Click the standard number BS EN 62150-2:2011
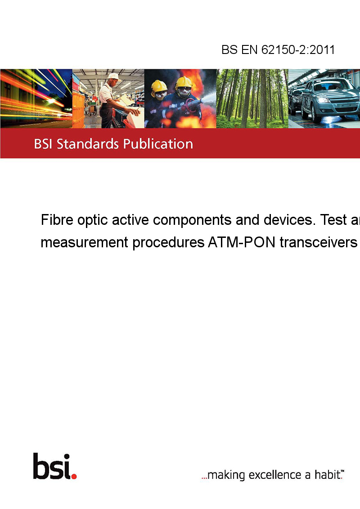(x=278, y=49)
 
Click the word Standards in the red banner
(x=88, y=144)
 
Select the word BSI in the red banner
(x=43, y=144)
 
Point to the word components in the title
(x=192, y=220)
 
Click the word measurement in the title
(x=85, y=242)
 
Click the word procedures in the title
(x=168, y=243)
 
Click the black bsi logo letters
(x=52, y=466)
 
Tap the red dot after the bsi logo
(x=74, y=476)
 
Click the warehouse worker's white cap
(x=113, y=76)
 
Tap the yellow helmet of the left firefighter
(x=158, y=85)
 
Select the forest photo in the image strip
(x=252, y=98)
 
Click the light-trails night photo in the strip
(x=36, y=98)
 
